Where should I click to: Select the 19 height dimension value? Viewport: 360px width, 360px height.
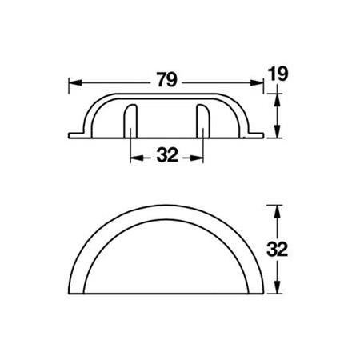[277, 74]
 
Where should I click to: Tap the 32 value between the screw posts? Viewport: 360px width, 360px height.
[166, 156]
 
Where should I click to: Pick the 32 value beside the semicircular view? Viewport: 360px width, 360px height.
[277, 249]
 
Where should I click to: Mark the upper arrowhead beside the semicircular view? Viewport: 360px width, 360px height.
[277, 207]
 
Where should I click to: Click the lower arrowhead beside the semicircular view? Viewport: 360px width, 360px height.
[277, 291]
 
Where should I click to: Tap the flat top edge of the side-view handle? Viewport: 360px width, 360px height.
[166, 98]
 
